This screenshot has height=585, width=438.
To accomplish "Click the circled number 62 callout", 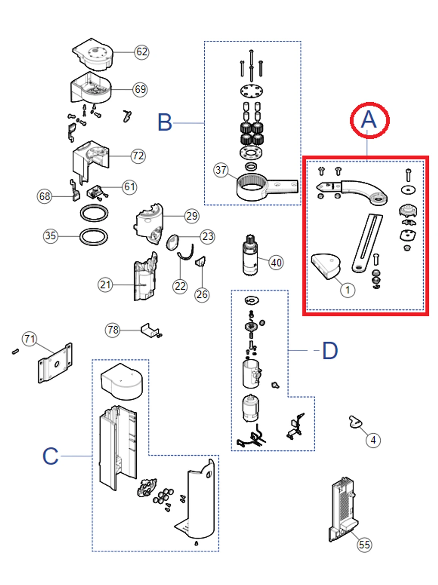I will click(141, 52).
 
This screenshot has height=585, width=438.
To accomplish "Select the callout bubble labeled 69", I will click(140, 89).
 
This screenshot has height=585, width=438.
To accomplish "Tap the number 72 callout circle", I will click(138, 156).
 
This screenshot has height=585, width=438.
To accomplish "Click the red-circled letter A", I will click(369, 120).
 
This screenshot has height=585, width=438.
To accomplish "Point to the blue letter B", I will click(165, 123).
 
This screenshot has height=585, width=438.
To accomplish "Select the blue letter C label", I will click(51, 456).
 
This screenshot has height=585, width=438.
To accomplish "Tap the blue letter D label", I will click(330, 351).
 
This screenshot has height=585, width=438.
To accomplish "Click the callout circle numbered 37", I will click(221, 170).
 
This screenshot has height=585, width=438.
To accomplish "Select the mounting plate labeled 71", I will click(55, 364).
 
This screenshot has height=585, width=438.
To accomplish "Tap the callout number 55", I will click(364, 545).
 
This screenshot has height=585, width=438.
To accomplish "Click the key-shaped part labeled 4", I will click(354, 421).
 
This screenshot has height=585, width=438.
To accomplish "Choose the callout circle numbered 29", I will click(192, 216).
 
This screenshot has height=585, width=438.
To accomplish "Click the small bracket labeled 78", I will click(149, 330).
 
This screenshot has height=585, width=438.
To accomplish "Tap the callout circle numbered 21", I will click(105, 285).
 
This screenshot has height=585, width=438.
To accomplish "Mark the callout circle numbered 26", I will click(202, 294).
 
